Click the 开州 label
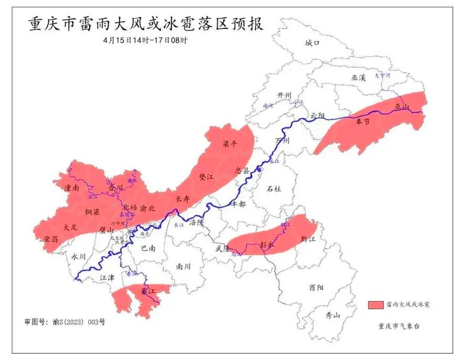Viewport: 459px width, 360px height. tap(284, 95)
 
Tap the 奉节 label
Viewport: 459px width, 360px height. tap(363, 122)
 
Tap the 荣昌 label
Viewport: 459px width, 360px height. tap(51, 239)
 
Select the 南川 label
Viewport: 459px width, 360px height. tap(184, 266)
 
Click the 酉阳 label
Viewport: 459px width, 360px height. tap(316, 288)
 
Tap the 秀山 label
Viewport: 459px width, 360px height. tap(333, 315)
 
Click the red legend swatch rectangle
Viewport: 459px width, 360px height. tap(376, 304)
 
